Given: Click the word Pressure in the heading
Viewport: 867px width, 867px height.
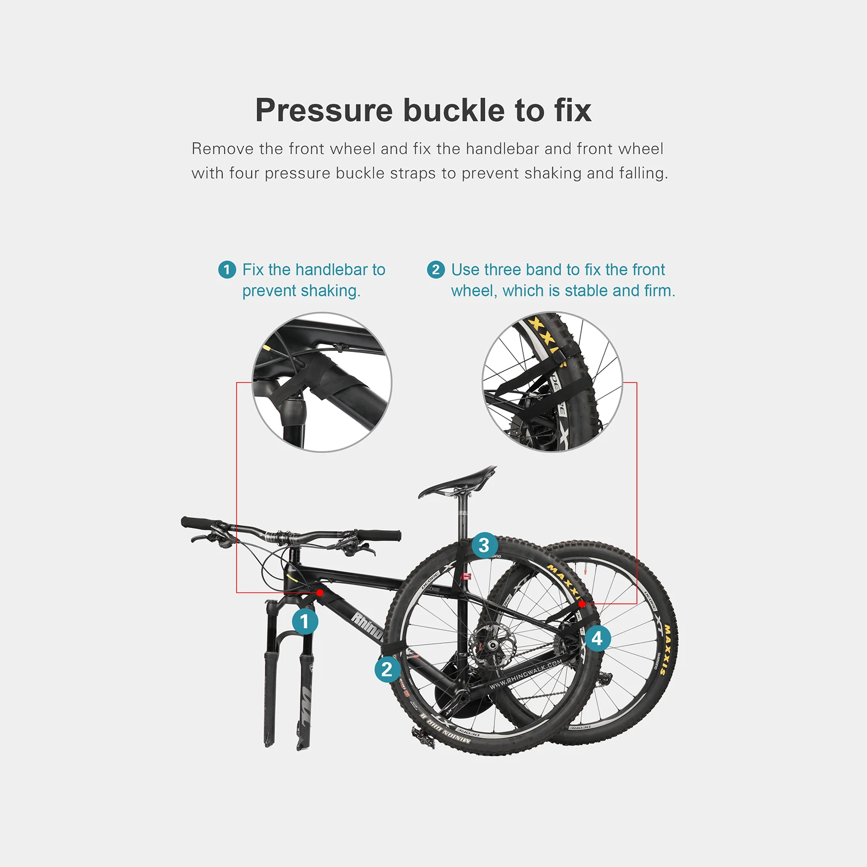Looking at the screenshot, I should click(324, 110).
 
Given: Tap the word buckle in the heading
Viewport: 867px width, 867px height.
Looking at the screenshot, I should click(454, 110).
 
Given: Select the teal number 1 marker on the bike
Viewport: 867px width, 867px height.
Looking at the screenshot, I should click(305, 621).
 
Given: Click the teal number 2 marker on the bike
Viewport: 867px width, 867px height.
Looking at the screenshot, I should click(387, 669).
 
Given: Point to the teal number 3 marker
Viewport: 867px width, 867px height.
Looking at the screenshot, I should click(484, 545).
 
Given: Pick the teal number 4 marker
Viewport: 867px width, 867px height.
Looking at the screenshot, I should click(597, 638).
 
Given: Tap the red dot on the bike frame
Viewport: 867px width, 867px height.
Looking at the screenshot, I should click(320, 593).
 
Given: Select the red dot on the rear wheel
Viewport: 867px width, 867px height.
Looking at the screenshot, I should click(582, 604).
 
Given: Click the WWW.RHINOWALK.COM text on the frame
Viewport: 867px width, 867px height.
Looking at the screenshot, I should click(525, 675).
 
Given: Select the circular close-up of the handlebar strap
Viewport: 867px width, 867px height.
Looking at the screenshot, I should click(322, 382).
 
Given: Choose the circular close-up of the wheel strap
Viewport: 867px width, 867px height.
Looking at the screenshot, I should click(552, 382).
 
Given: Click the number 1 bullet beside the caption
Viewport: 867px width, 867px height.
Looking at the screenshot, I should click(227, 270).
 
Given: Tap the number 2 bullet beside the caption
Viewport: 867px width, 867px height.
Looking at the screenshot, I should click(436, 270).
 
